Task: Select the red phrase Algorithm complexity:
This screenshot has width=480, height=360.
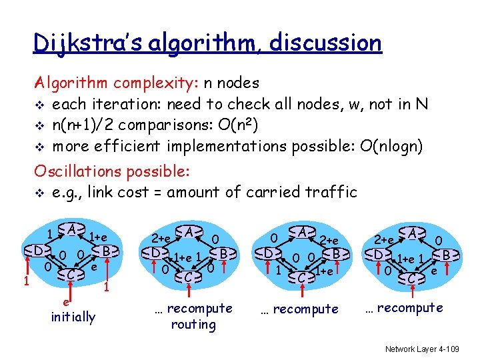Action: pyautogui.click(x=113, y=83)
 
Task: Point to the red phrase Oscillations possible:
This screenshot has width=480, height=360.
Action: pyautogui.click(x=113, y=171)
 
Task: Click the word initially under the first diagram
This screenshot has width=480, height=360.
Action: pyautogui.click(x=73, y=317)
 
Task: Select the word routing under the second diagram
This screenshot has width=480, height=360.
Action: pyautogui.click(x=193, y=325)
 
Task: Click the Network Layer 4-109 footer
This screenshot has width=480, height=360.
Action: pyautogui.click(x=421, y=348)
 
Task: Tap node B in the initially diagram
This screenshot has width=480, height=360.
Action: pyautogui.click(x=105, y=251)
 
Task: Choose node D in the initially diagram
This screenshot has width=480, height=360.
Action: pyautogui.click(x=39, y=251)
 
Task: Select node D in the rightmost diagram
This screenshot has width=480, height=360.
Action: pyautogui.click(x=378, y=254)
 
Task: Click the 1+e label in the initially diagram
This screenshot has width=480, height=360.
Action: pyautogui.click(x=99, y=237)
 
